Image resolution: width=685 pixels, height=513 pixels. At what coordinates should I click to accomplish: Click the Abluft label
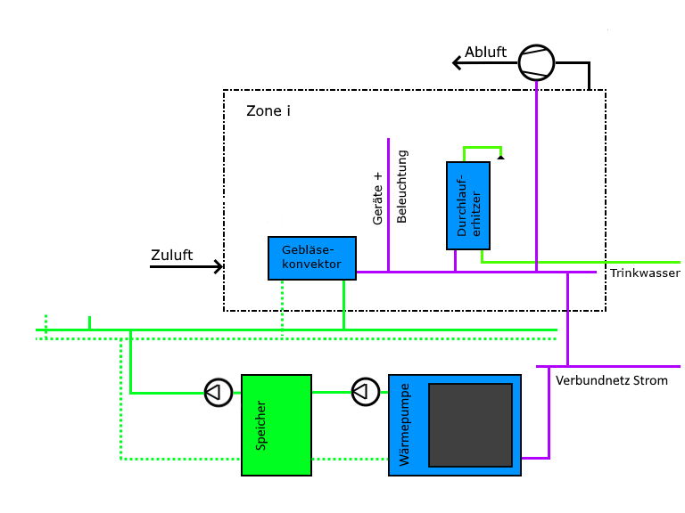(485, 53)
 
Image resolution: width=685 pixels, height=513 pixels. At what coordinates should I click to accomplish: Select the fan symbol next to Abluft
(537, 62)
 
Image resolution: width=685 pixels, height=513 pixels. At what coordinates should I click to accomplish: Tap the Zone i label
(268, 111)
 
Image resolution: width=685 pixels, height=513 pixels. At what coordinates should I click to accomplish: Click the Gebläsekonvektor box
(312, 258)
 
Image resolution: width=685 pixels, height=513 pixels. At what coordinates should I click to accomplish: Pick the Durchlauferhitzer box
(468, 206)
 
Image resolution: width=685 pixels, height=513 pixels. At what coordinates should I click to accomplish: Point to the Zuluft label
(171, 256)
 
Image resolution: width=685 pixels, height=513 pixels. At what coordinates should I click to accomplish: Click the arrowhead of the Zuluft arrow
(219, 266)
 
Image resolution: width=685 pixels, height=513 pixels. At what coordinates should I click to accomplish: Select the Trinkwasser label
(645, 273)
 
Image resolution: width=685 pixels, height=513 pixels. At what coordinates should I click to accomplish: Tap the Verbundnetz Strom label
(611, 380)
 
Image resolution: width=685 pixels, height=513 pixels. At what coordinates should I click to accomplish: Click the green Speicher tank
(276, 424)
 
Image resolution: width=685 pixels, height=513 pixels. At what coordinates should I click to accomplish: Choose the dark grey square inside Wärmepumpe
(471, 425)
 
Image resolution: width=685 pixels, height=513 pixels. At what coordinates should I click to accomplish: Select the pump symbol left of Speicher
(218, 392)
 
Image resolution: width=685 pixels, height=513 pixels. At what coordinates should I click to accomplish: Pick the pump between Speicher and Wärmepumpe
(364, 391)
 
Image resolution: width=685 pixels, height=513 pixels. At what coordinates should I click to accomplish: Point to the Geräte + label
(378, 198)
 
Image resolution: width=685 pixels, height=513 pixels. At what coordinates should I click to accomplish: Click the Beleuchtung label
(401, 187)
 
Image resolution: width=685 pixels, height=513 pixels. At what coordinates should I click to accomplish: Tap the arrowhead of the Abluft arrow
(457, 62)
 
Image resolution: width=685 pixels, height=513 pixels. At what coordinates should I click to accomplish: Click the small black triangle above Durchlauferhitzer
(501, 157)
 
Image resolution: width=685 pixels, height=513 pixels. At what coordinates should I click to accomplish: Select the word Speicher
(261, 424)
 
